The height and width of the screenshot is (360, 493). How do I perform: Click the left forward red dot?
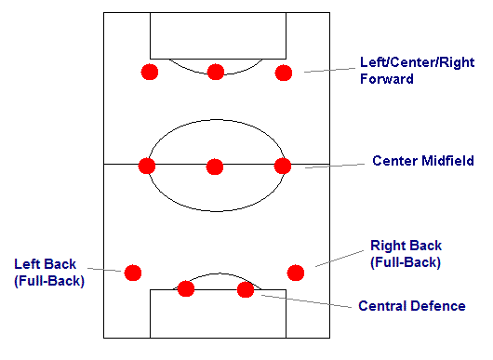click(x=149, y=72)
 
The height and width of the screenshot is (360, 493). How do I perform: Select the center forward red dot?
click(x=216, y=72)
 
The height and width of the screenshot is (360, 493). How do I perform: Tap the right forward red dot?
click(x=283, y=72)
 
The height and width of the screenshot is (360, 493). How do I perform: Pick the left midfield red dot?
click(x=146, y=166)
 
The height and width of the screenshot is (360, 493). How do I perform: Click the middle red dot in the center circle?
click(x=215, y=166)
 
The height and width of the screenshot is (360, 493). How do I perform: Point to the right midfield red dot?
click(x=283, y=166)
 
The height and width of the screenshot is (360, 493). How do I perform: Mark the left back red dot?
click(x=133, y=273)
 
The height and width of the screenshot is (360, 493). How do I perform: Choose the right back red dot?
click(x=296, y=272)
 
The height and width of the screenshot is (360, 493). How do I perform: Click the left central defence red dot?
click(x=186, y=289)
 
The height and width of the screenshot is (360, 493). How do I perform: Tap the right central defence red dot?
click(x=246, y=289)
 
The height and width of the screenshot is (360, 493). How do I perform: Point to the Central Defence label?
click(x=411, y=305)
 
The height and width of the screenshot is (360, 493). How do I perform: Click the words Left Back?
click(x=46, y=264)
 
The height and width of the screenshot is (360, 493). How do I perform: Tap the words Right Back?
click(x=406, y=246)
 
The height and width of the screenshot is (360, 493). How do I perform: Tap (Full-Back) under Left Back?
click(x=49, y=281)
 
